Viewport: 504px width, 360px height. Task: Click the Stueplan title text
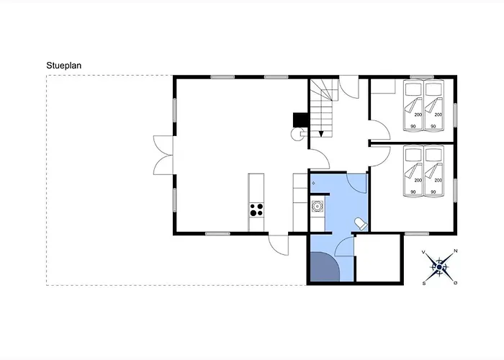click(x=63, y=66)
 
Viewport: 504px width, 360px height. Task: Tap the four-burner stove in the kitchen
click(x=256, y=210)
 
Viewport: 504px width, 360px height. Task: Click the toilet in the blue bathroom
click(x=361, y=224)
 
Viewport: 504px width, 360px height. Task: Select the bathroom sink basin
click(x=318, y=206)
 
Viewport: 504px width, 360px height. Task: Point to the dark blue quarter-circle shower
click(x=323, y=267)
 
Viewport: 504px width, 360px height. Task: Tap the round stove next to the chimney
click(x=296, y=134)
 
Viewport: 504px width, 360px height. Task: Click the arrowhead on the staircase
click(x=321, y=134)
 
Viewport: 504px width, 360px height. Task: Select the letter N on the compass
click(x=456, y=251)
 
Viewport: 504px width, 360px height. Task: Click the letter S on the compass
click(x=424, y=283)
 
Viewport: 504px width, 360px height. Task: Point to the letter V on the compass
click(x=423, y=252)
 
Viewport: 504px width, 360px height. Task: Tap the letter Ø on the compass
click(x=455, y=283)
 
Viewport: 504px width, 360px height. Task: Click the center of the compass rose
click(x=439, y=267)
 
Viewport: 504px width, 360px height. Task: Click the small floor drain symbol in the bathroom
click(x=313, y=183)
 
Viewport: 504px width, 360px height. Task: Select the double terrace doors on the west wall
click(x=163, y=156)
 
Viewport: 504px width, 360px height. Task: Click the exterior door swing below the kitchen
click(x=279, y=245)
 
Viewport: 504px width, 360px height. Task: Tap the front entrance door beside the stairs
click(x=349, y=87)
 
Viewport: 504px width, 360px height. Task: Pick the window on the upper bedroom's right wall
click(x=455, y=114)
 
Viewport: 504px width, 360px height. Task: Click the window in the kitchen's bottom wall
click(x=217, y=234)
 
